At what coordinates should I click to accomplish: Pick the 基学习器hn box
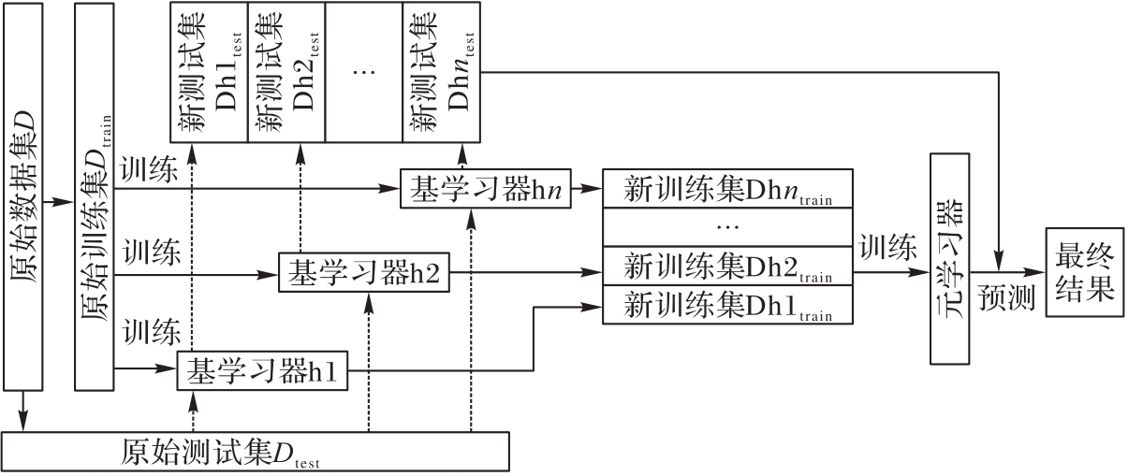pyautogui.click(x=485, y=189)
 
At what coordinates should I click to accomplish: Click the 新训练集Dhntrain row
pyautogui.click(x=728, y=190)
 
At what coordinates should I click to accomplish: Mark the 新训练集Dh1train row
pyautogui.click(x=728, y=305)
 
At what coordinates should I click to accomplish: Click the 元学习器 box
pyautogui.click(x=953, y=257)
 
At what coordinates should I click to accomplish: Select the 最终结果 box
pyautogui.click(x=1085, y=272)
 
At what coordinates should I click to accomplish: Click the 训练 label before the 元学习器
pyautogui.click(x=888, y=248)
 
